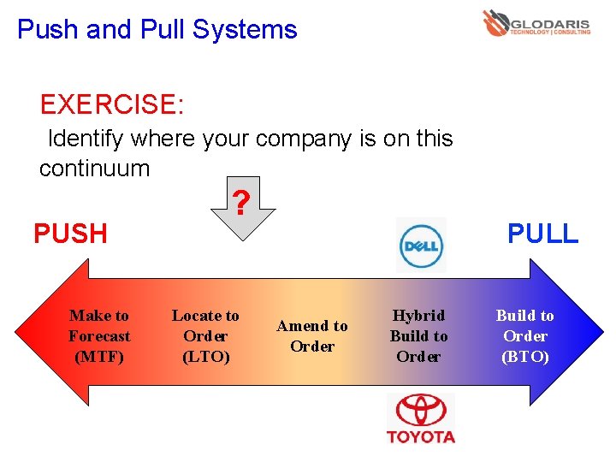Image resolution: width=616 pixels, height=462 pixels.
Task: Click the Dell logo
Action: tap(421, 246)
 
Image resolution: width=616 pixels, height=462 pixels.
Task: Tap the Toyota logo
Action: tap(420, 418)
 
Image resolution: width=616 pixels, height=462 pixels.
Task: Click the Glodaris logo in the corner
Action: tap(536, 23)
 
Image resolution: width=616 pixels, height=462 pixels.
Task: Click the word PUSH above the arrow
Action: tap(70, 234)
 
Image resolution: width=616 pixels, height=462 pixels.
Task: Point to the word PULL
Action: tap(542, 233)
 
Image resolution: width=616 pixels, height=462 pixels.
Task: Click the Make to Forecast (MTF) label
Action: tap(99, 336)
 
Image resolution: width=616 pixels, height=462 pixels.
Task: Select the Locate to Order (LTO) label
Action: tap(205, 336)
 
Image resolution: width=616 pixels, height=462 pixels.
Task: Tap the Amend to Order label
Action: tap(312, 336)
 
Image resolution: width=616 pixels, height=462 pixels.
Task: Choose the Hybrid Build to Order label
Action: tap(418, 336)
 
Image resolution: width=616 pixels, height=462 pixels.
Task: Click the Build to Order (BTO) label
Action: tap(524, 336)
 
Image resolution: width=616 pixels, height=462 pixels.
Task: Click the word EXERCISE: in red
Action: tap(111, 105)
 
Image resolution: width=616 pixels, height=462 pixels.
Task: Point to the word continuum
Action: tap(94, 169)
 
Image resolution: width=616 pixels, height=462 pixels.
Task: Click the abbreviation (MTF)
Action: tap(99, 357)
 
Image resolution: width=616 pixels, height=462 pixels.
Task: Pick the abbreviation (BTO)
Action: tap(524, 357)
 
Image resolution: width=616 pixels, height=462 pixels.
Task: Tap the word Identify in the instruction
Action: tap(86, 139)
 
